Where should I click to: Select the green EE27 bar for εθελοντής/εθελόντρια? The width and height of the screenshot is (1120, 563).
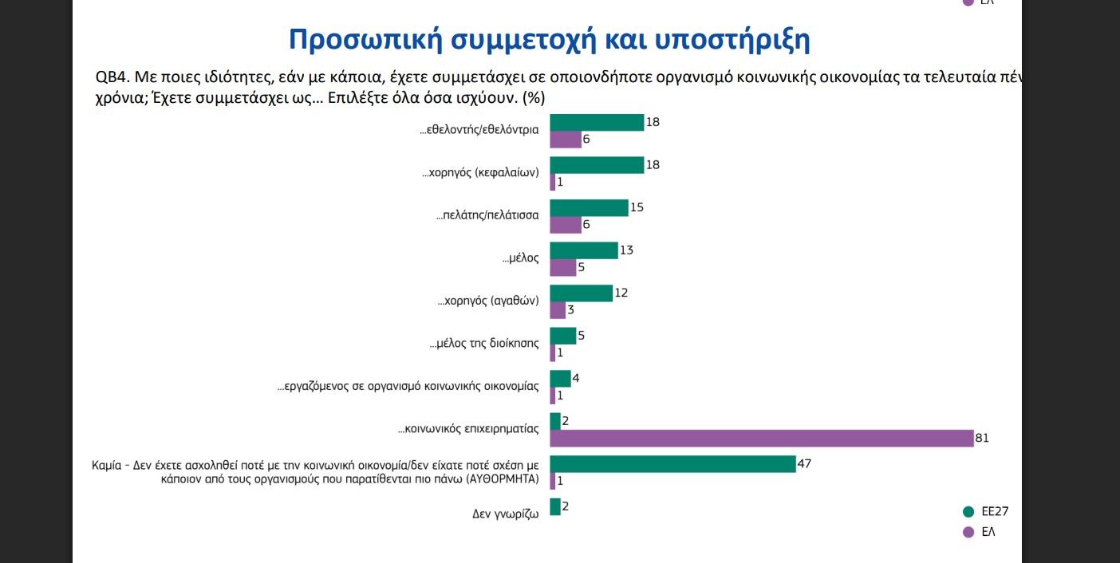click(x=597, y=122)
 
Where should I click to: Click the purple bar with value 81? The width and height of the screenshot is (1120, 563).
click(x=761, y=438)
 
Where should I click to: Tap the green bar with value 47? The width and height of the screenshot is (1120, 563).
click(x=672, y=463)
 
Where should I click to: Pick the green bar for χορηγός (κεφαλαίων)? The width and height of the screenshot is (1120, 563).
click(x=597, y=164)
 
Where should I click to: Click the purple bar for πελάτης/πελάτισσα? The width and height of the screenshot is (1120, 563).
click(x=566, y=225)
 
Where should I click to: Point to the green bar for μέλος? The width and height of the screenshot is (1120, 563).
click(x=584, y=250)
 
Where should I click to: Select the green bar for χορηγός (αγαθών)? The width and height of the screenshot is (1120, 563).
click(x=582, y=293)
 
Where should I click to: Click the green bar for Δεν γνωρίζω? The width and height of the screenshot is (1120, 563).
click(x=555, y=506)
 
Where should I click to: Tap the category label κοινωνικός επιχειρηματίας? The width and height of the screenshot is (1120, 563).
click(x=469, y=429)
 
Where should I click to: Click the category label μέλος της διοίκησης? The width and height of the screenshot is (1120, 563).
click(x=484, y=344)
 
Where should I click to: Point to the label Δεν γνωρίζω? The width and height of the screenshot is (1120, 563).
click(x=505, y=514)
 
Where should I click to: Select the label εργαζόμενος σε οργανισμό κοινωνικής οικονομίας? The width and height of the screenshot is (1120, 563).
click(x=408, y=387)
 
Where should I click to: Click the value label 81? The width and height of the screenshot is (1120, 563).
click(x=982, y=438)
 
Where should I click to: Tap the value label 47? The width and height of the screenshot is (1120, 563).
click(x=804, y=463)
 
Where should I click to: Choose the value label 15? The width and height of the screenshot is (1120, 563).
click(x=636, y=207)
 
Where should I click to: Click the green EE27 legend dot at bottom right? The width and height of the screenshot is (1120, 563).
click(x=968, y=512)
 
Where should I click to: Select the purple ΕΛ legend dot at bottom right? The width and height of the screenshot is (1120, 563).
click(x=968, y=532)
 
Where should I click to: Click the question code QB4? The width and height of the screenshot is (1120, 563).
click(x=110, y=77)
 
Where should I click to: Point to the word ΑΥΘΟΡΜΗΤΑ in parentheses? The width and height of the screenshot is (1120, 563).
click(x=497, y=480)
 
